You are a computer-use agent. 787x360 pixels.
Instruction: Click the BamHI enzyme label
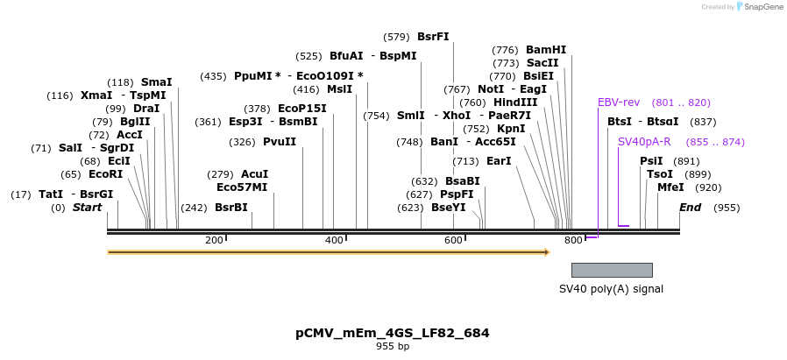pos(546,50)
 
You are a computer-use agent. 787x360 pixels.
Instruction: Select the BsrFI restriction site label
pos(433,37)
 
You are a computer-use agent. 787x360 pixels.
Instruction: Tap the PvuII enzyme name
pos(280,142)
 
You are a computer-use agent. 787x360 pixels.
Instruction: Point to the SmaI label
pos(156,81)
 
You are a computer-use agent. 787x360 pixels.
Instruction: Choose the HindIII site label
pos(515,102)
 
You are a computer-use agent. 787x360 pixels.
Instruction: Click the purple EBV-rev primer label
pos(619,102)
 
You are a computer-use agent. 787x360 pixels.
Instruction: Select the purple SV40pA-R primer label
pos(644,141)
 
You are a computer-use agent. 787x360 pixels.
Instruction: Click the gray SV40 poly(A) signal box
pos(612,270)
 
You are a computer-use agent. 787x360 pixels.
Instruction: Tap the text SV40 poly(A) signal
pos(611,289)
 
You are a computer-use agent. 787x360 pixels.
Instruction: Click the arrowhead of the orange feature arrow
pos(546,252)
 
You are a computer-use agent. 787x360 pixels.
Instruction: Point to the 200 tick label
pos(214,240)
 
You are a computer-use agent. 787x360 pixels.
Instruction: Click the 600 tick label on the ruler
pos(453,240)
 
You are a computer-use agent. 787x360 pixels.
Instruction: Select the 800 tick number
pos(572,240)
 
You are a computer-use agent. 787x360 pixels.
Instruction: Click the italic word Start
pos(87,208)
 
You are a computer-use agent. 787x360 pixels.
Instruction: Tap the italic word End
pos(690,208)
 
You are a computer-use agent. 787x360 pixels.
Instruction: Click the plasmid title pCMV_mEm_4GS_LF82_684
pos(393,333)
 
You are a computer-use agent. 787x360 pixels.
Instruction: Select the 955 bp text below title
pos(393,347)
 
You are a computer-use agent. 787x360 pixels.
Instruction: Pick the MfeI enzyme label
pos(670,187)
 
